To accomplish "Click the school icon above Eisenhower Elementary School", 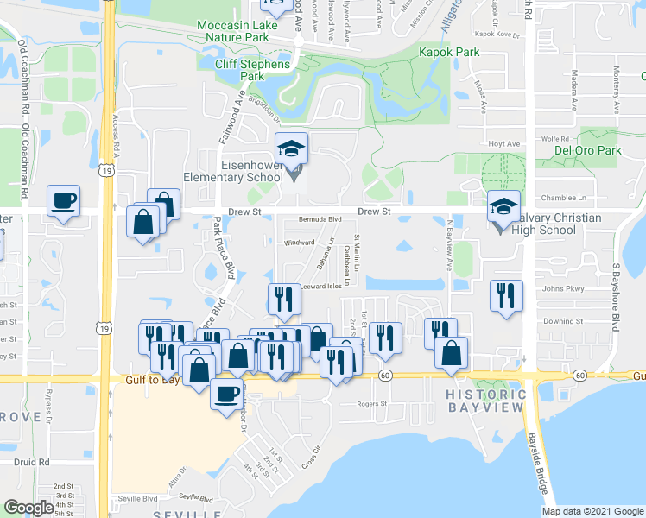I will pos(292,150).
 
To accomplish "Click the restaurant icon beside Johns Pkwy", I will pos(505,296).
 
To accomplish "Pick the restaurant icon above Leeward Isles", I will pos(284,300).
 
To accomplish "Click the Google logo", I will pos(28,508).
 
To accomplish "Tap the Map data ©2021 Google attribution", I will pos(592,511).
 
